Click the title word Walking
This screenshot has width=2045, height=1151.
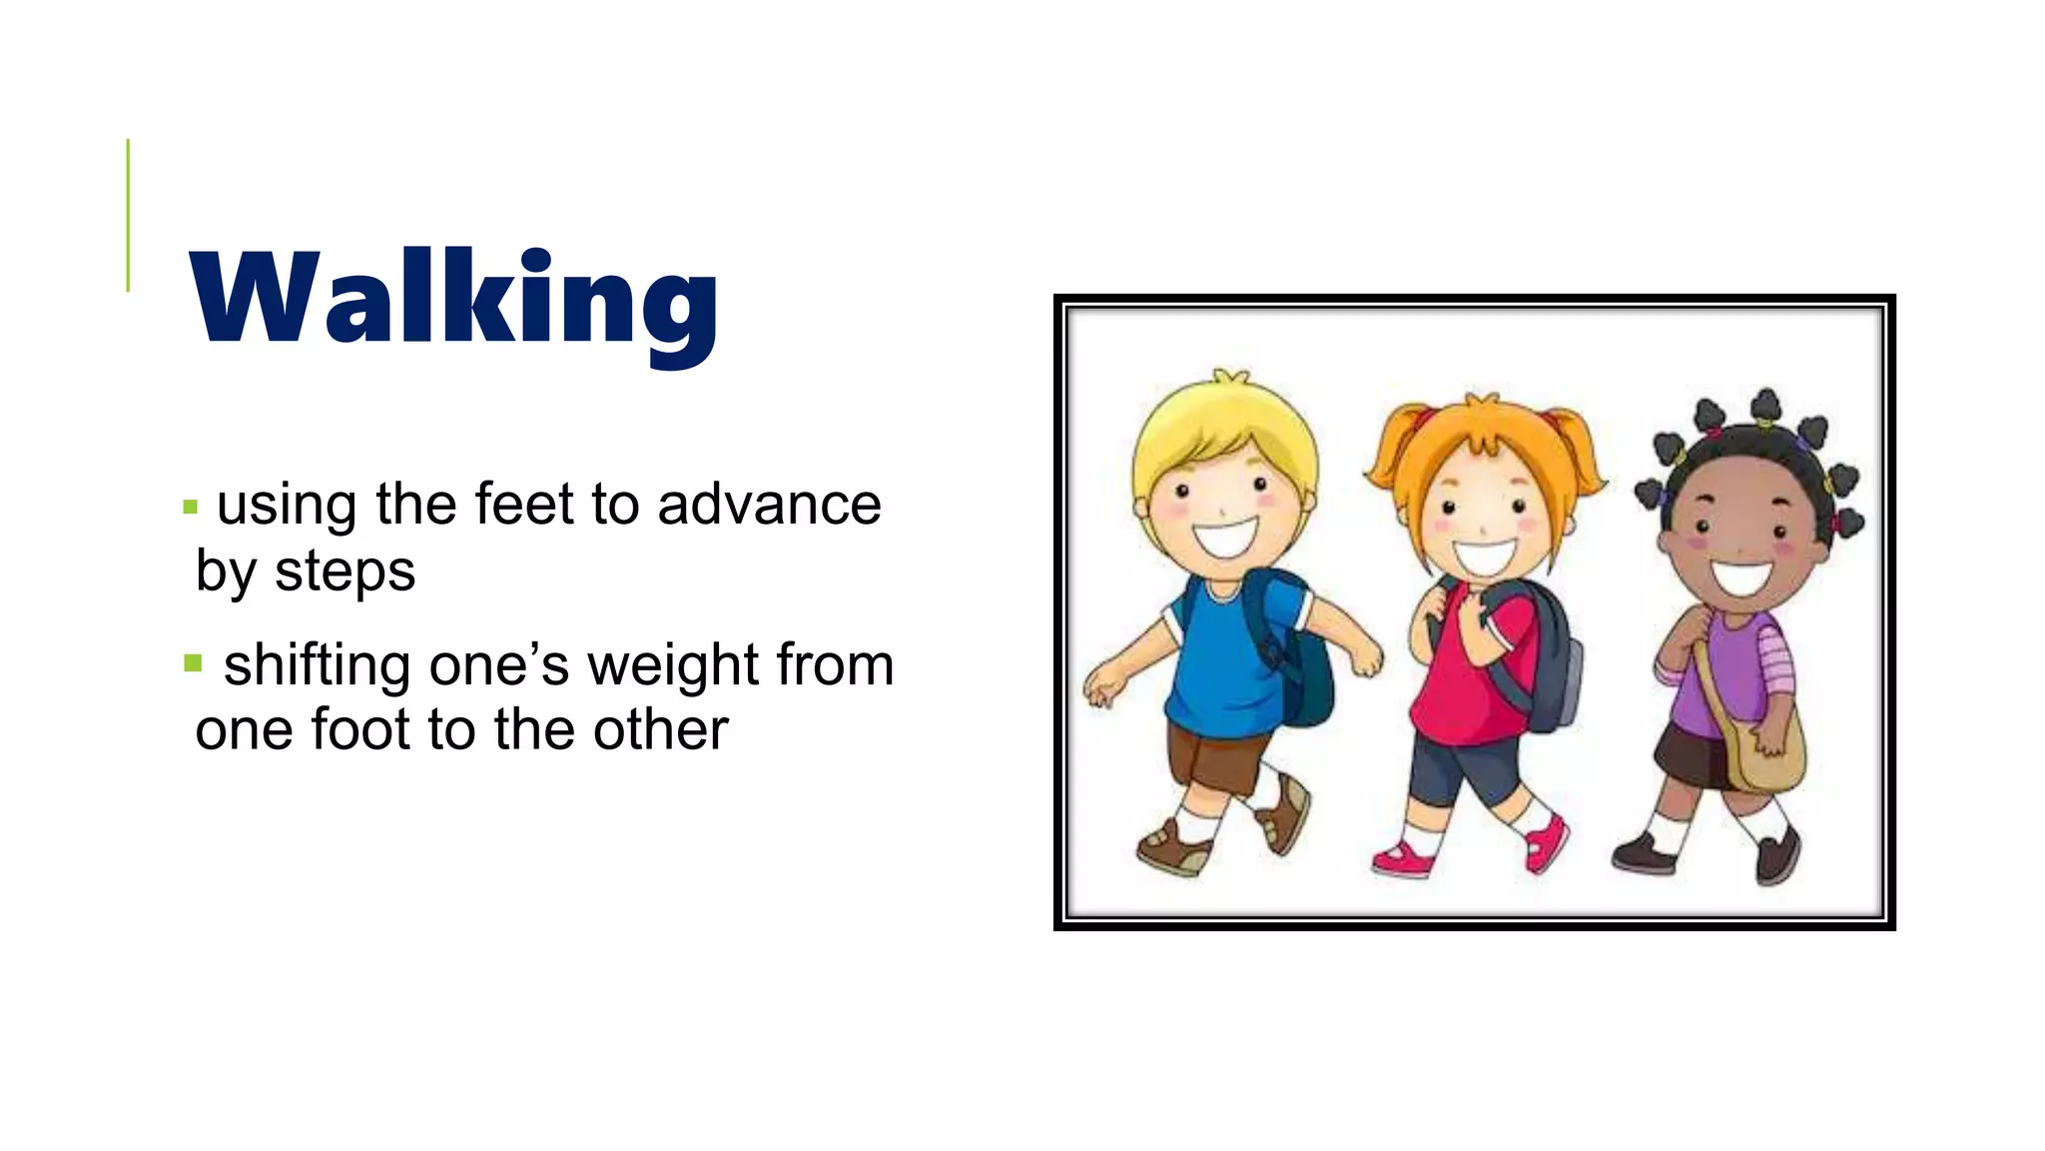(454, 300)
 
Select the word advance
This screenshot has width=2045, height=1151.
(769, 504)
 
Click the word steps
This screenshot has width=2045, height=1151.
(344, 573)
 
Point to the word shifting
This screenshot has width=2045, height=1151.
(317, 666)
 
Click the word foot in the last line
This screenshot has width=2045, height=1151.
(360, 729)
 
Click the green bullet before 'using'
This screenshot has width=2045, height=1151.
(191, 508)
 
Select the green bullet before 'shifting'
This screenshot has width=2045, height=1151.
(193, 663)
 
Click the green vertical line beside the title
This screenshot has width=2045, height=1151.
(128, 215)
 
